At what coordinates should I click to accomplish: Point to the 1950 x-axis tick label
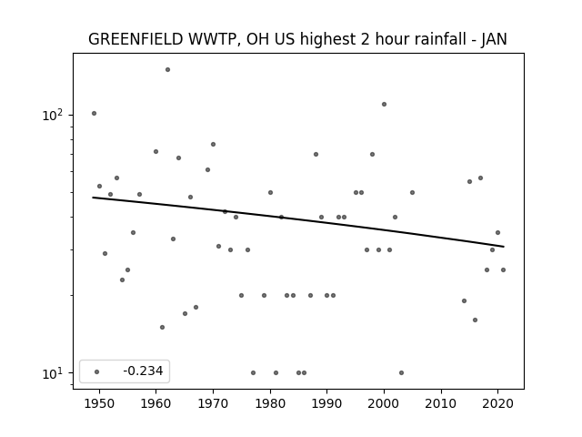pos(99,403)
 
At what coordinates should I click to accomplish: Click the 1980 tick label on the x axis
pos(270,403)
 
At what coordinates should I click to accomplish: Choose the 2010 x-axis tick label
pos(441,403)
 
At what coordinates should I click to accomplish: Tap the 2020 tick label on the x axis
pos(498,403)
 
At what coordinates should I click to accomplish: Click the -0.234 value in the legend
pos(143,371)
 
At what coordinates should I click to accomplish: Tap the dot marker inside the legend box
pos(97,371)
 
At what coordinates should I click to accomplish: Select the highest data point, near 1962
pos(167,69)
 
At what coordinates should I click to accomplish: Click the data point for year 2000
pos(384,104)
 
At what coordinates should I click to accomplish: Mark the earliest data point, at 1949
pos(94,113)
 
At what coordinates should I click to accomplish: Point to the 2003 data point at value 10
pos(401,372)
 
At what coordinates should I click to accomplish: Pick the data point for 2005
pos(412,192)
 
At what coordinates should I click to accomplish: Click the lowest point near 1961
pos(162,328)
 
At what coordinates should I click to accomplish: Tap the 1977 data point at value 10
pos(253,372)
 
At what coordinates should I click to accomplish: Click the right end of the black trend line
pos(504,247)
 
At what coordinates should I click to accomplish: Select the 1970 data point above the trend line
pos(213,144)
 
